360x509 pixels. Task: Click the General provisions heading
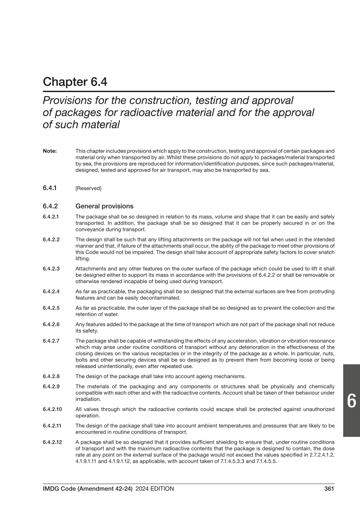(104, 205)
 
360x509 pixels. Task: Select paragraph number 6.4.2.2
(51, 239)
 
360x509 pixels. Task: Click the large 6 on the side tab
(351, 401)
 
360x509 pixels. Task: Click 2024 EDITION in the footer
(154, 489)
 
